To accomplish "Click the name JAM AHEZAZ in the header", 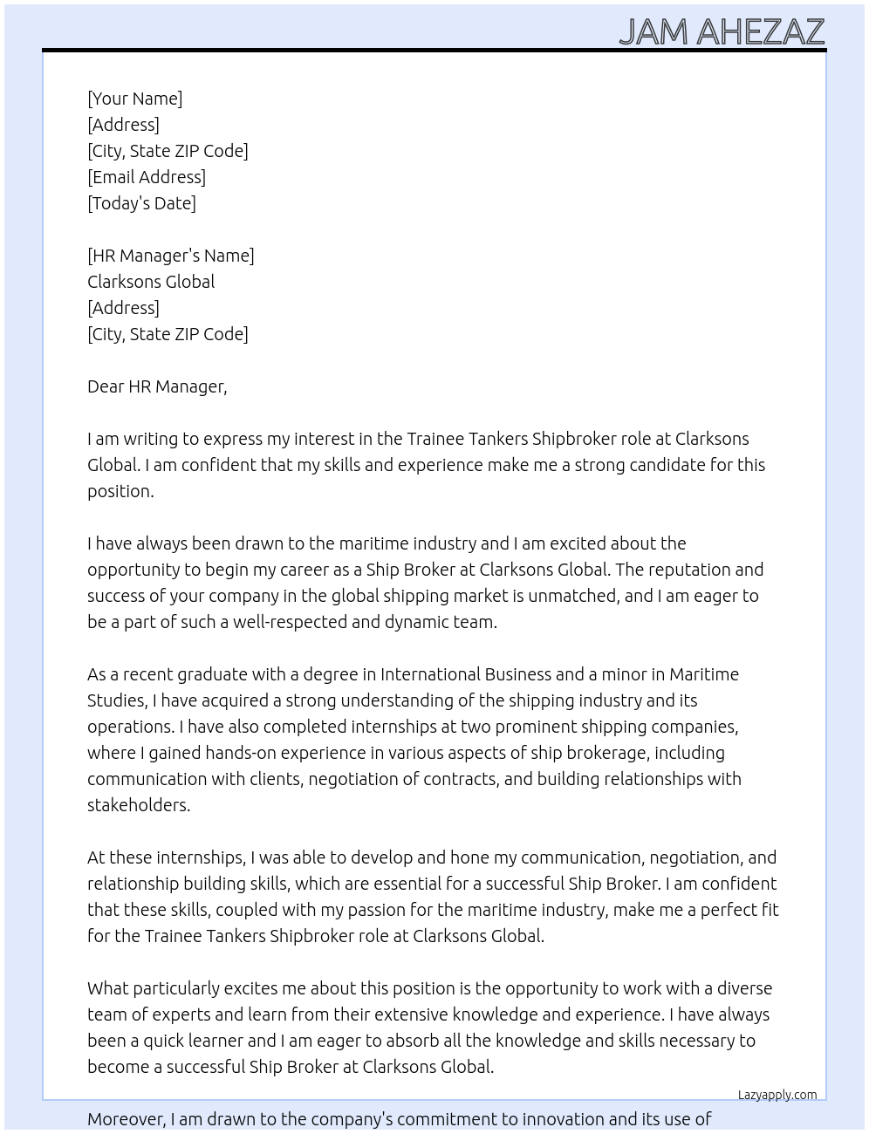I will (722, 31).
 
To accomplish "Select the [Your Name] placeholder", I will (134, 99).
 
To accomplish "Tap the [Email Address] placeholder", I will (147, 177).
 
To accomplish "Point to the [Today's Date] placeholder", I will (141, 203).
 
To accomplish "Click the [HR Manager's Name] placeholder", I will (171, 256).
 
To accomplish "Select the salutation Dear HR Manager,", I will (157, 386).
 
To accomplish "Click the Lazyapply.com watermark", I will (777, 1095).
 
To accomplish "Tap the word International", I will (430, 674).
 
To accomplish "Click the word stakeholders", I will (138, 805).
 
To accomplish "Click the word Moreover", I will (127, 1119).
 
